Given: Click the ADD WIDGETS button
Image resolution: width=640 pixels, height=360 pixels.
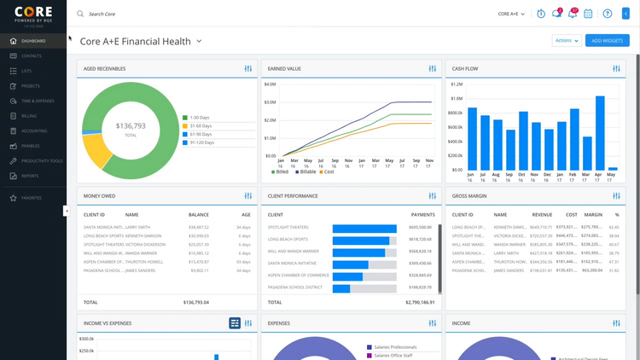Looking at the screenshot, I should click(x=607, y=41).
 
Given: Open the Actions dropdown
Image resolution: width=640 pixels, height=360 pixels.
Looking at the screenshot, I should click(x=567, y=41).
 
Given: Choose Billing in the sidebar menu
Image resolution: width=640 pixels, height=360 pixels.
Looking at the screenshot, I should click(x=29, y=116).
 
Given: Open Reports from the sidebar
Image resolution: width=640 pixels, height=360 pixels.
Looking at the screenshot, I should click(x=30, y=176).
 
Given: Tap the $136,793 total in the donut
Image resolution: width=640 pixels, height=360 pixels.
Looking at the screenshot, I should click(x=131, y=126).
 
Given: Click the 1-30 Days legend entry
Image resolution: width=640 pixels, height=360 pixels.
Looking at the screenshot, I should click(x=200, y=118).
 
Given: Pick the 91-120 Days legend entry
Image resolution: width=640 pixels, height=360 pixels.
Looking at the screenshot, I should click(x=201, y=142).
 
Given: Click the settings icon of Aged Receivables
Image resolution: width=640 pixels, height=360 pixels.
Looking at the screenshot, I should click(x=248, y=68).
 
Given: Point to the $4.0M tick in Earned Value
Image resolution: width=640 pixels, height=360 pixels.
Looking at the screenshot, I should click(x=270, y=84).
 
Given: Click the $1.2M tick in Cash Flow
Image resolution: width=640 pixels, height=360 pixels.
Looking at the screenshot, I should click(x=456, y=84).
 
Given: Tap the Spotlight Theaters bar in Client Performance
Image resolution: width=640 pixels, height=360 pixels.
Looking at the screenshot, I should click(x=364, y=228).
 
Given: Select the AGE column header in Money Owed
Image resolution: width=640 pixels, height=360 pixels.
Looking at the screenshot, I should click(x=245, y=215).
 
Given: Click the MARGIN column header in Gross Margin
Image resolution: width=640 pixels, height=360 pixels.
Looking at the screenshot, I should click(x=592, y=215).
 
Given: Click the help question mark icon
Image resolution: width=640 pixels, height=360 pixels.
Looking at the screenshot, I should click(x=608, y=14).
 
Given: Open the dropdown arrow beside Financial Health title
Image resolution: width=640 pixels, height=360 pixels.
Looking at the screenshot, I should click(x=199, y=41).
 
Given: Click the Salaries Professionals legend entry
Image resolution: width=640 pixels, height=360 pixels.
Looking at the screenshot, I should click(x=392, y=347).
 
